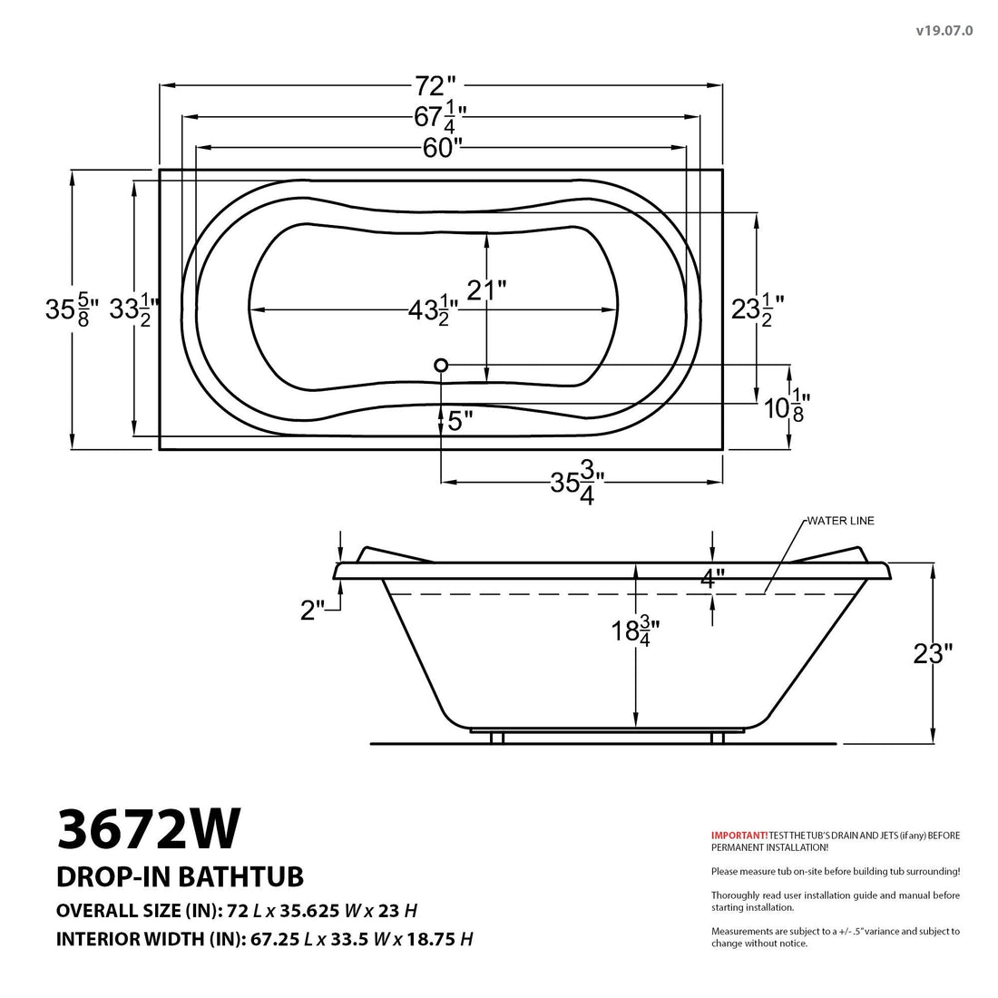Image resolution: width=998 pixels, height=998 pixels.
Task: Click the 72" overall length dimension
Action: (x=435, y=86)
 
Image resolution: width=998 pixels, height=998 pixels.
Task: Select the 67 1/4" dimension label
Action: (x=440, y=117)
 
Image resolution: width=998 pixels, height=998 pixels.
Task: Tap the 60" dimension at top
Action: (x=442, y=148)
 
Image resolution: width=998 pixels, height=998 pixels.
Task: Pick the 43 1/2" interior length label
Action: (x=432, y=311)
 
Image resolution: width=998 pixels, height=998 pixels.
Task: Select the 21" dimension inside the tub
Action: (x=485, y=289)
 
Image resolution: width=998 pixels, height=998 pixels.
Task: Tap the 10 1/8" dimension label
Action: (x=786, y=407)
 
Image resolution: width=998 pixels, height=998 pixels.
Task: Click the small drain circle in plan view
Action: (x=442, y=365)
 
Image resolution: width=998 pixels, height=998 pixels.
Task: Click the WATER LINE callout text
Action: (x=840, y=521)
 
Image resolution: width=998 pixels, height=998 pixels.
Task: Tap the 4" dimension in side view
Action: (x=713, y=579)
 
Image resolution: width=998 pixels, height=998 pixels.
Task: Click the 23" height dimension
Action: (x=933, y=653)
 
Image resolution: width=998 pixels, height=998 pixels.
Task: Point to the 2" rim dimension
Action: (x=312, y=611)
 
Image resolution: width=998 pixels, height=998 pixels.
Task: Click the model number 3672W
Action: (x=149, y=827)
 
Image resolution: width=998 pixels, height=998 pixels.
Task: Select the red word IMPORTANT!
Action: (x=739, y=835)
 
